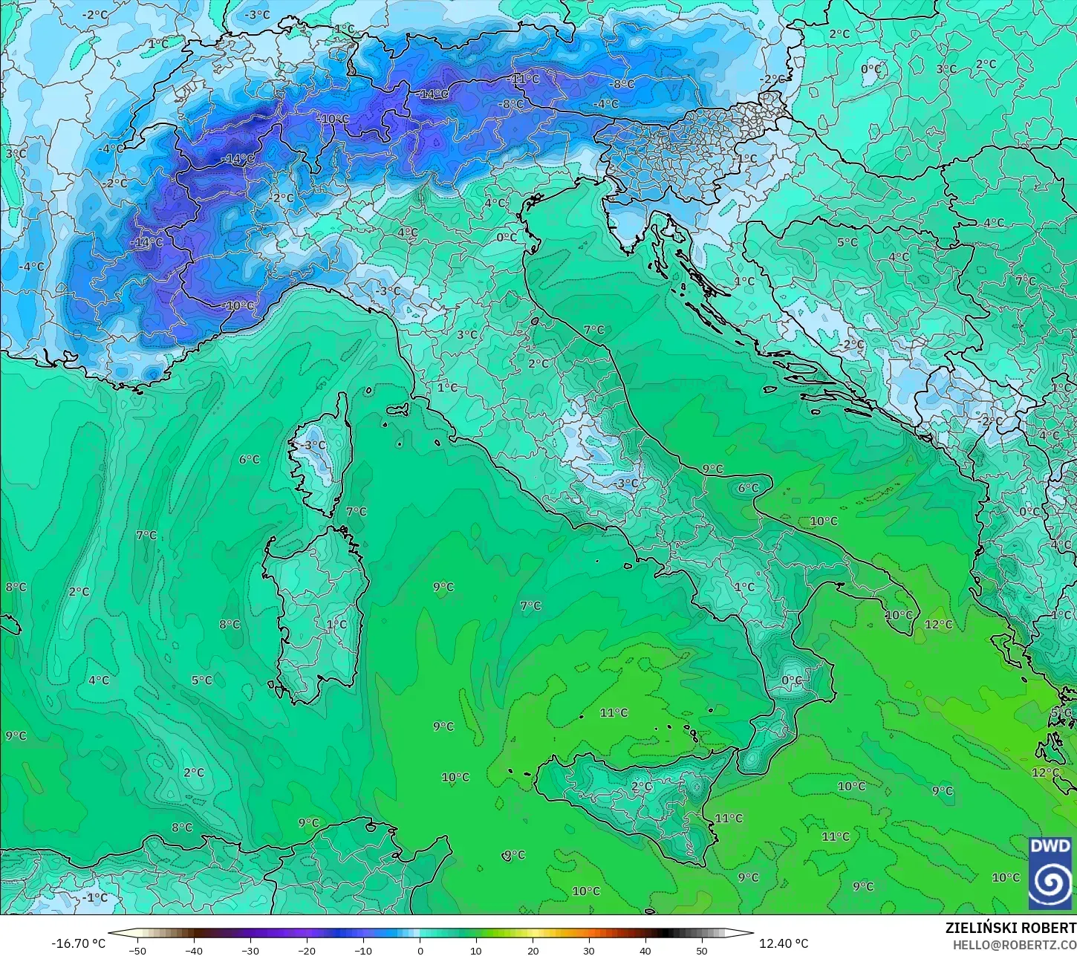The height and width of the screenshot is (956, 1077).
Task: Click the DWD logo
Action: coord(1050,873)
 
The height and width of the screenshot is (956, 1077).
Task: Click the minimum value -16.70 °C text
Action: coord(78,943)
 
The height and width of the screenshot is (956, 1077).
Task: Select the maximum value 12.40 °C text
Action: coord(784,943)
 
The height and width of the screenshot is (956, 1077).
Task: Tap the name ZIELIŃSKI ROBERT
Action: coord(1010,928)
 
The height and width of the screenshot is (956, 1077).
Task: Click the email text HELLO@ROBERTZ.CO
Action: coord(1015,944)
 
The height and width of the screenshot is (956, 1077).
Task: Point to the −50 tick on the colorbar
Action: coord(137,949)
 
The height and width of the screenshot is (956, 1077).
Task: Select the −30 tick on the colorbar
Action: coord(250,949)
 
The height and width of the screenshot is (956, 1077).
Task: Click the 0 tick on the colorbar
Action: coord(420,949)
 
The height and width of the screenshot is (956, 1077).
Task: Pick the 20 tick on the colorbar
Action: coord(533,949)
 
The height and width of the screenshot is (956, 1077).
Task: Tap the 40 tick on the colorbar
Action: coord(645,949)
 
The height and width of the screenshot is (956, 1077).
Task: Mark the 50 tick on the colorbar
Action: coord(702,949)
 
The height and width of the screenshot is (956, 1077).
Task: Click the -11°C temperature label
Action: coord(524,79)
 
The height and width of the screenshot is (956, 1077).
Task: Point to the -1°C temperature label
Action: coord(94,897)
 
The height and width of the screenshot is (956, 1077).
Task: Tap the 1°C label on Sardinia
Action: coord(336,625)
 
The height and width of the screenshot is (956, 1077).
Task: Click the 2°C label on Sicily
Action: coord(642,787)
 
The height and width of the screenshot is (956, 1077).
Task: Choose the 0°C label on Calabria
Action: coord(792,680)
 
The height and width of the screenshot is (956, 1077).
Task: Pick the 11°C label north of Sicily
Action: coord(614,713)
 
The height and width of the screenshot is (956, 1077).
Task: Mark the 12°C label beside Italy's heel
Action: coord(938,625)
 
